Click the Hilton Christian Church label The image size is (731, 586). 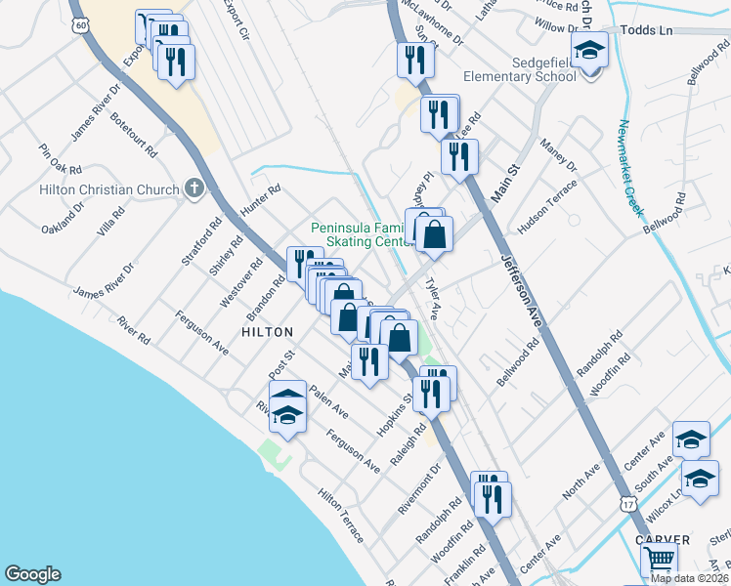(109, 189)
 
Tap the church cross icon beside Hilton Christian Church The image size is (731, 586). (194, 188)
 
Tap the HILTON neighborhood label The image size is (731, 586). (267, 332)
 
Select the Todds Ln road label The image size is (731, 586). (653, 31)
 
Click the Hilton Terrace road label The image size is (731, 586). (340, 516)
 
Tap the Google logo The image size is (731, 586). (32, 574)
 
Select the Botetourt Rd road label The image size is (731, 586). (135, 136)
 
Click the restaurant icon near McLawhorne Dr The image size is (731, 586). (410, 61)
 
